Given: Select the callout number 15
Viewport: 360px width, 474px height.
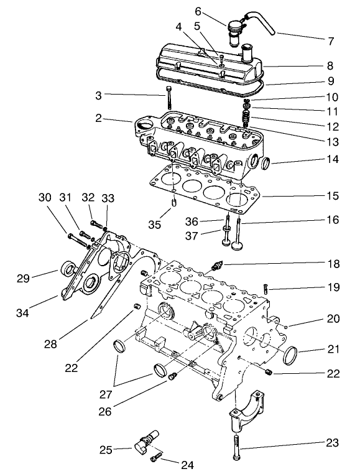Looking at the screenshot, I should (x=333, y=196).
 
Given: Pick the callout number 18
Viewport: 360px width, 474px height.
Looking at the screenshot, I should (x=334, y=264).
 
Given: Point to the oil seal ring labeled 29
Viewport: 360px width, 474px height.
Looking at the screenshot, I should (x=68, y=270).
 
